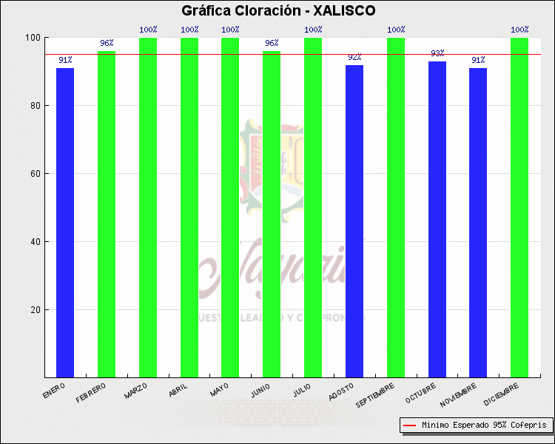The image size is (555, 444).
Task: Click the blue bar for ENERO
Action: click(x=65, y=222)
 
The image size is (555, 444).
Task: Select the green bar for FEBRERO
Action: click(x=107, y=214)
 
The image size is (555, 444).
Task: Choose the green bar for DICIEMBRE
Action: click(x=519, y=207)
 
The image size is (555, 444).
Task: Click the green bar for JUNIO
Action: click(x=272, y=214)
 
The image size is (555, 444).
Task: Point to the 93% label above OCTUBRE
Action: click(x=437, y=53)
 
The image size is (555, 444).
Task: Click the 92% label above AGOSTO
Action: click(x=354, y=57)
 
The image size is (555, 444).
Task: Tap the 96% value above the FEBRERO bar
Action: click(x=107, y=43)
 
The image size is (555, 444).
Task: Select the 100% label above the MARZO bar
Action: click(x=148, y=30)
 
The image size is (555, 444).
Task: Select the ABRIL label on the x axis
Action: click(x=178, y=389)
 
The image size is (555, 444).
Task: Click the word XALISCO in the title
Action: click(x=344, y=11)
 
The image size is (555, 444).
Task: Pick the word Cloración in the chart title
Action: click(x=264, y=11)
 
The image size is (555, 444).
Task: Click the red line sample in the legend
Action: click(x=409, y=425)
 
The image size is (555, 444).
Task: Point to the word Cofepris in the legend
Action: click(x=529, y=425)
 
